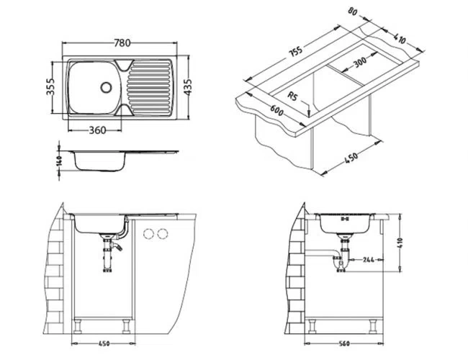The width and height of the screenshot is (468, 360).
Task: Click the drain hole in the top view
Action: coord(107,87)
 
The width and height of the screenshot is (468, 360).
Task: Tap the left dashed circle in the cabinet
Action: coord(149,233)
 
